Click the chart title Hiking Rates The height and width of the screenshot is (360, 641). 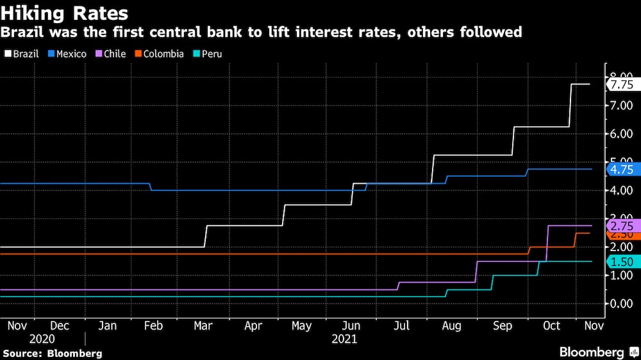click(65, 13)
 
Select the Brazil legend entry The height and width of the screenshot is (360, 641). click(22, 54)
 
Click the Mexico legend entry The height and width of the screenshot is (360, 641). click(67, 54)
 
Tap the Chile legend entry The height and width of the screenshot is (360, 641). click(110, 54)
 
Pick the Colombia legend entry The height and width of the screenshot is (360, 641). click(159, 54)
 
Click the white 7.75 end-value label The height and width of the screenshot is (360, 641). click(621, 85)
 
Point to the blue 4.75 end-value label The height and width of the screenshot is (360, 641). click(621, 170)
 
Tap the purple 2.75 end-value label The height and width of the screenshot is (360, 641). click(621, 226)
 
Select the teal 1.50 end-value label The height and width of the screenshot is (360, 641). click(621, 261)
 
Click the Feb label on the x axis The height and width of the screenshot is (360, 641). click(153, 326)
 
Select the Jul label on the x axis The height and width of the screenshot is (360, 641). click(401, 326)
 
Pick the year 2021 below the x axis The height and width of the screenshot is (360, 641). click(344, 339)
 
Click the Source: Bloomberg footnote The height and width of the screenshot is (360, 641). click(53, 353)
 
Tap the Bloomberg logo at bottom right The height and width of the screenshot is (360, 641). click(596, 352)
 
